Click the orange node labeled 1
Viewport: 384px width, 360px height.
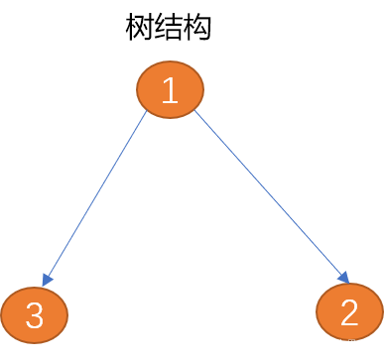point(170,89)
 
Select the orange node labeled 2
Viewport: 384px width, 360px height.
point(349,311)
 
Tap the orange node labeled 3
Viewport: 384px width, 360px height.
point(34,315)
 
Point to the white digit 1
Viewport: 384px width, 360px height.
point(170,90)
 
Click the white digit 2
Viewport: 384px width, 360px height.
point(349,312)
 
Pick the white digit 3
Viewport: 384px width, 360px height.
point(34,316)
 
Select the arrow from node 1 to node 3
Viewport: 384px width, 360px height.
point(94,198)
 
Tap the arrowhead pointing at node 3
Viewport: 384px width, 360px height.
point(46,282)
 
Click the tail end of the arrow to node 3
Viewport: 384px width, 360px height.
point(145,113)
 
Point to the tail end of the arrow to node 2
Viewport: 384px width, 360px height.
point(195,112)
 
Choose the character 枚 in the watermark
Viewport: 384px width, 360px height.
point(330,344)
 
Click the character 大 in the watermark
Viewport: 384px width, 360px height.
point(342,344)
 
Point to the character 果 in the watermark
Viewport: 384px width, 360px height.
point(353,344)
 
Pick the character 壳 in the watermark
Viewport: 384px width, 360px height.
point(364,344)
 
